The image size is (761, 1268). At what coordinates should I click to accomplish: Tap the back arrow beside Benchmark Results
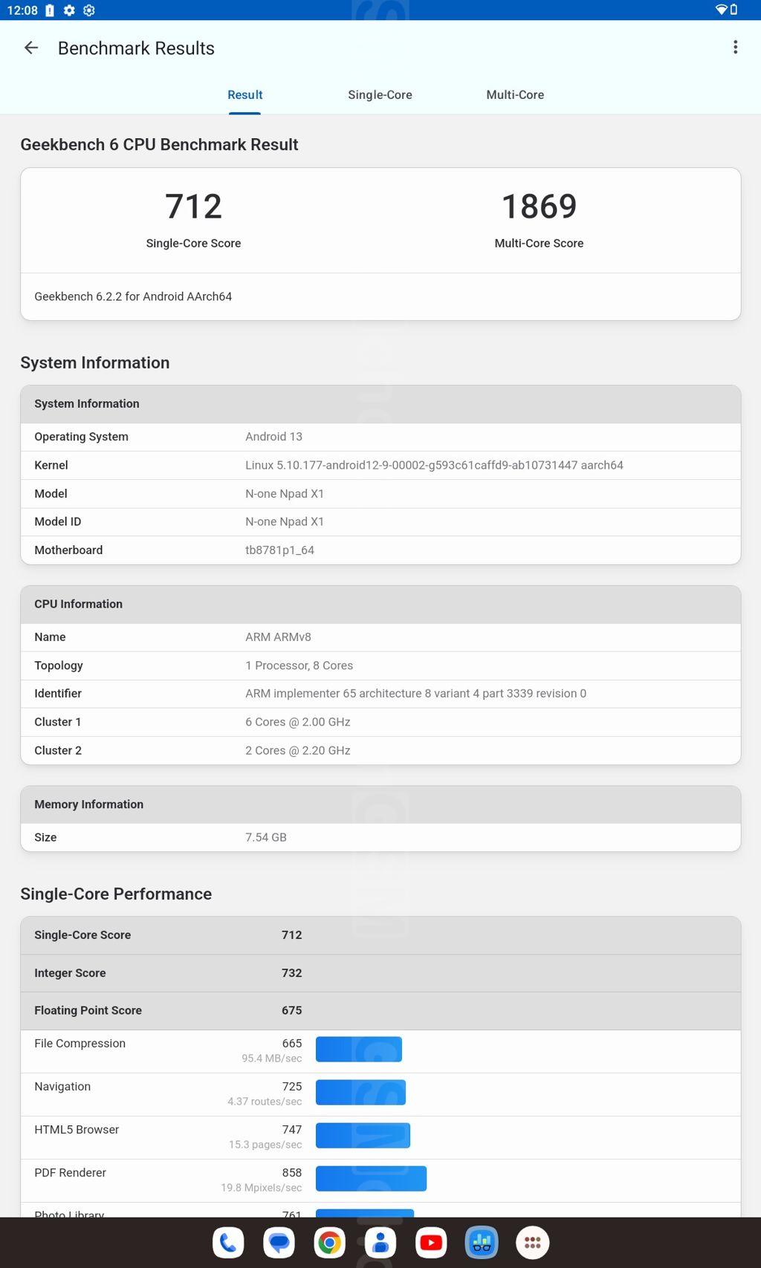point(31,48)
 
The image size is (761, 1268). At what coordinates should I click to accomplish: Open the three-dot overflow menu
point(735,48)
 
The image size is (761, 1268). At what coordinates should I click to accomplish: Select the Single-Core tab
point(380,95)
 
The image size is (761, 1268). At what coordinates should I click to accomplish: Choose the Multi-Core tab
point(515,95)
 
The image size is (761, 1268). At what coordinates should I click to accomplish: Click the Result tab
point(245,95)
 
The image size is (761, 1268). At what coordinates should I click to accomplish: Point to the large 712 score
point(193,207)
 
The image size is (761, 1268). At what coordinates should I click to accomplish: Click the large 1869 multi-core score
point(539,207)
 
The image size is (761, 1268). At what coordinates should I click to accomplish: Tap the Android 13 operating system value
point(273,437)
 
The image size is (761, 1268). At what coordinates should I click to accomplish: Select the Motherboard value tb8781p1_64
point(279,550)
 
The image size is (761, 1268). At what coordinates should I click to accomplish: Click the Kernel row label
point(51,465)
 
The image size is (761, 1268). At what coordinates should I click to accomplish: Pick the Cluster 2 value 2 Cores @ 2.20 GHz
point(297,750)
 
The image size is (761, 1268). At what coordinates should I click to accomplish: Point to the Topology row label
point(59,666)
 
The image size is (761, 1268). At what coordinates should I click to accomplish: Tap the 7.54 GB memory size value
point(265,837)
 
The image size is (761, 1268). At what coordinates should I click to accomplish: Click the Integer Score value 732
point(291,973)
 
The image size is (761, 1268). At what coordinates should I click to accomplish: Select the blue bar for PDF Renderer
point(371,1178)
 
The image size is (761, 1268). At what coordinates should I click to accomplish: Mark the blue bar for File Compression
point(358,1049)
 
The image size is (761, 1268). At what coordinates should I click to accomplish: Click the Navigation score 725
point(291,1087)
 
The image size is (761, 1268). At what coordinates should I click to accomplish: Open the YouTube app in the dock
point(431,1243)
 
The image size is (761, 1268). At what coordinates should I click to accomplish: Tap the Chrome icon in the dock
point(329,1243)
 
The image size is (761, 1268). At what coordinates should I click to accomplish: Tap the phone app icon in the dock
point(228,1243)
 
